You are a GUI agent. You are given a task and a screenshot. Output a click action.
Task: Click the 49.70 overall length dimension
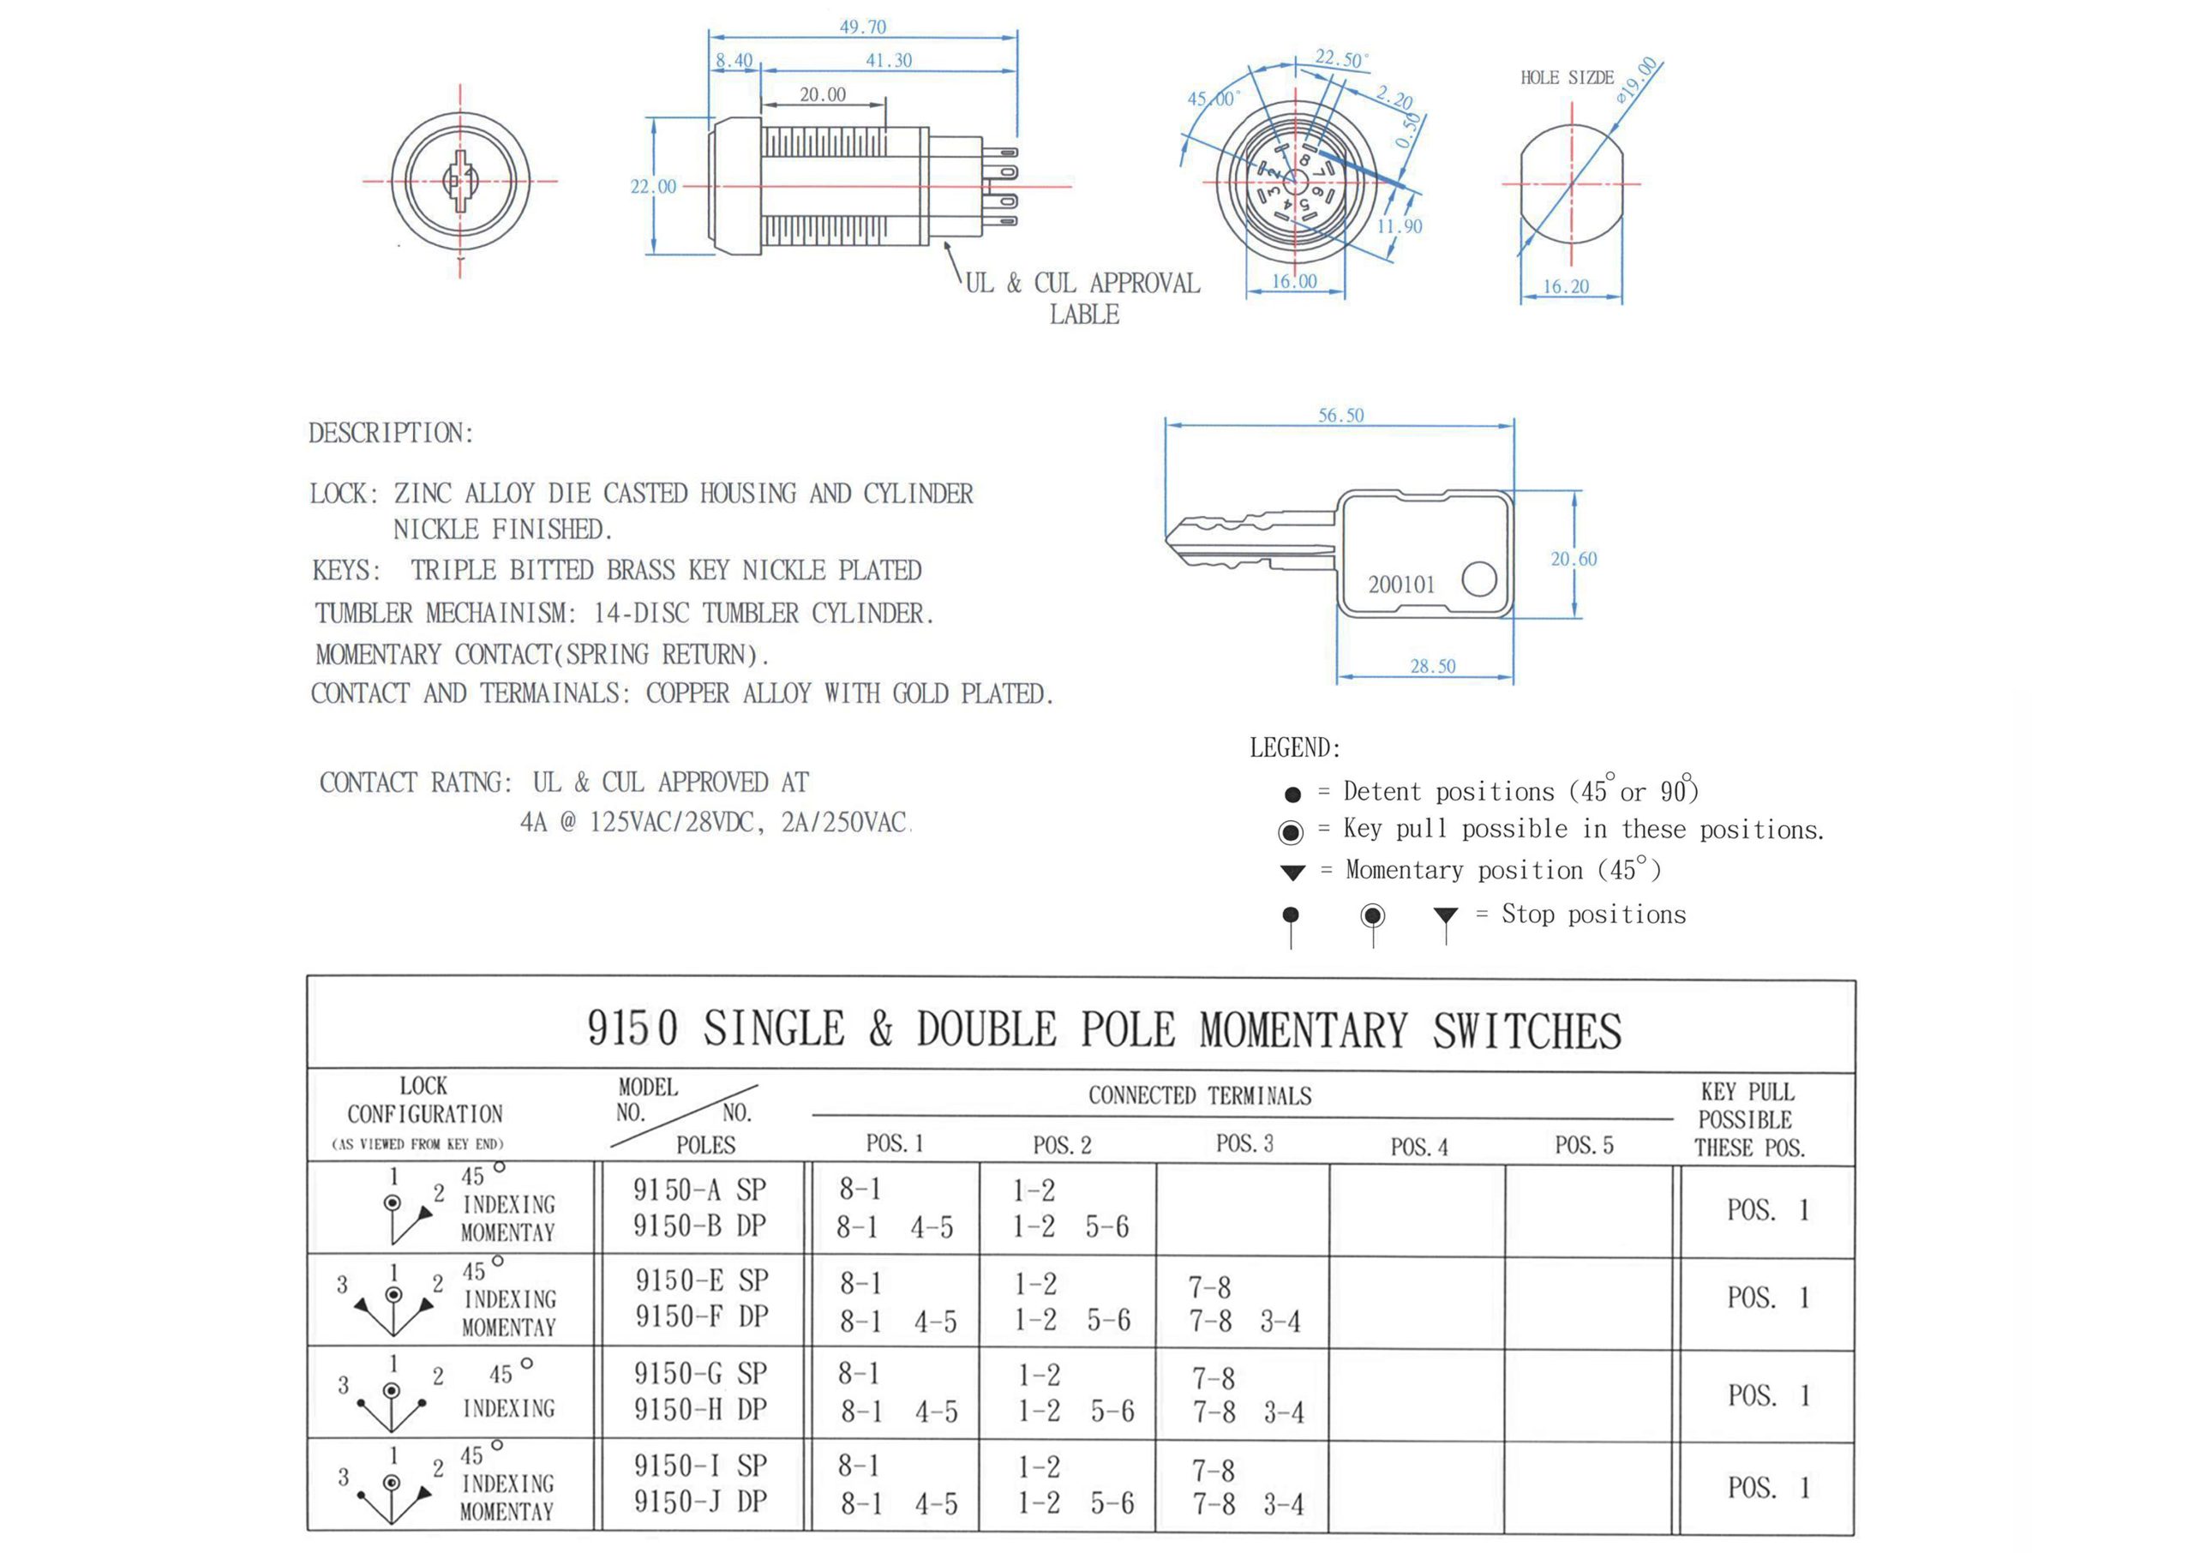pyautogui.click(x=862, y=27)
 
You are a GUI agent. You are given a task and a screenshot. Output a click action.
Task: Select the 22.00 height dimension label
pyautogui.click(x=653, y=187)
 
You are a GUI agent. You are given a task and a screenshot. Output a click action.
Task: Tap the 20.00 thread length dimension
pyautogui.click(x=822, y=94)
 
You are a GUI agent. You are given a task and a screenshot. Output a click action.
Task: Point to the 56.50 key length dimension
pyautogui.click(x=1340, y=415)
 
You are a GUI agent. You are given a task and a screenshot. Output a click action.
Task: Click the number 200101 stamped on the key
pyautogui.click(x=1400, y=585)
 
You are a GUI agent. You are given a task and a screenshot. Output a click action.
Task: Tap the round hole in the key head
pyautogui.click(x=1479, y=579)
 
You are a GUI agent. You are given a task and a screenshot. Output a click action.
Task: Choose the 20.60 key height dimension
pyautogui.click(x=1573, y=559)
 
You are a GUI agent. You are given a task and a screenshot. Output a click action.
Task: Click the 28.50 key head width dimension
pyautogui.click(x=1432, y=666)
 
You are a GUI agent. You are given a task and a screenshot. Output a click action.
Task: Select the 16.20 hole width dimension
pyautogui.click(x=1565, y=286)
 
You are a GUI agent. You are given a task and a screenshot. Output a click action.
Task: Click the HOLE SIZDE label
pyautogui.click(x=1567, y=77)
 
